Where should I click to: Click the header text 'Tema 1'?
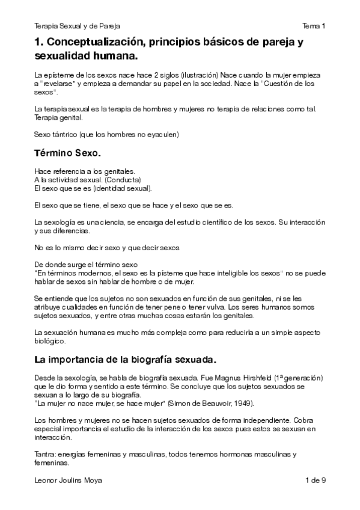(314, 26)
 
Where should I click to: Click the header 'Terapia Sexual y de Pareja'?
(78, 26)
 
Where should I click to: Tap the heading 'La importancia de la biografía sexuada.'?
(125, 360)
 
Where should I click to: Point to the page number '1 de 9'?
(315, 480)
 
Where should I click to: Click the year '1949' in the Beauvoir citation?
(216, 402)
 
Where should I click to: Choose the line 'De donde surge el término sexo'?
(87, 263)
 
